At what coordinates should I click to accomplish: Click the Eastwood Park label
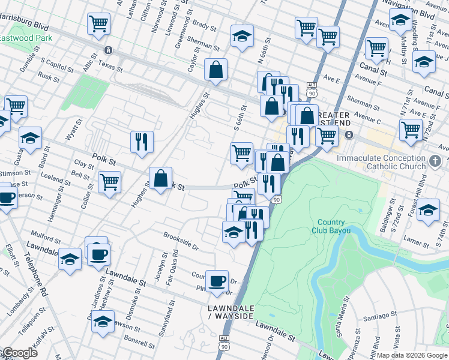pyautogui.click(x=26, y=37)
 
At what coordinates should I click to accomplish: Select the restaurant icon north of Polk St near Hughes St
pyautogui.click(x=142, y=142)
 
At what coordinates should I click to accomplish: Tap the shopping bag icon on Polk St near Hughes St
pyautogui.click(x=161, y=178)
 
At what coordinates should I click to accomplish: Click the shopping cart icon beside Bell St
pyautogui.click(x=109, y=181)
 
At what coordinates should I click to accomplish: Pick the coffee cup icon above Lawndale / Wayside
pyautogui.click(x=217, y=280)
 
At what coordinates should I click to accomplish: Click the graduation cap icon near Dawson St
pyautogui.click(x=103, y=321)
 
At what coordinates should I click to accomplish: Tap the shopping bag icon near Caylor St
pyautogui.click(x=215, y=70)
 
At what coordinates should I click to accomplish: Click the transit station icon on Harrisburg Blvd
pyautogui.click(x=108, y=50)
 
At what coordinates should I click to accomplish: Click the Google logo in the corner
pyautogui.click(x=19, y=353)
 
